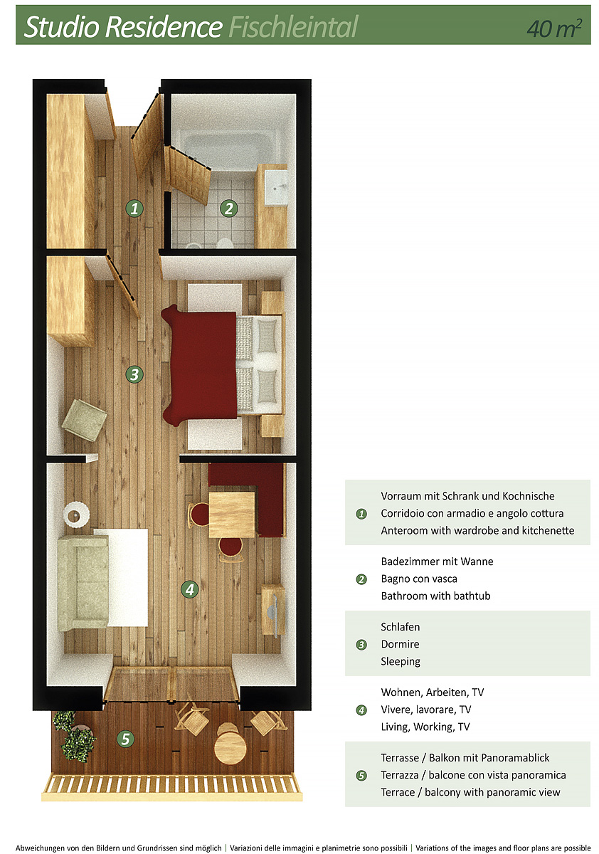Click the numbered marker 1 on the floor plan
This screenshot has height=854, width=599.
coord(134,209)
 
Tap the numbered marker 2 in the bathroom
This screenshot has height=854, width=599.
coord(229,209)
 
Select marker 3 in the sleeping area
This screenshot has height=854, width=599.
coord(134,374)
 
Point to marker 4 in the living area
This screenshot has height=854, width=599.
coord(190,589)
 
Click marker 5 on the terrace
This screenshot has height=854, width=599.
coord(125,739)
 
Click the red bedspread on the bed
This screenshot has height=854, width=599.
coord(200,365)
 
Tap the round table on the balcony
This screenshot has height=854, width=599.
coord(230,747)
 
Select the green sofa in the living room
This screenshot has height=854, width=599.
coord(83,583)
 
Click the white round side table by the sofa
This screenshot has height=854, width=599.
coord(76,515)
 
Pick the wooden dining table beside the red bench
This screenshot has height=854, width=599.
coord(232,515)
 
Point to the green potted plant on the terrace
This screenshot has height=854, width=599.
coord(74,735)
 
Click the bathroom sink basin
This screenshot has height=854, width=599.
coord(277,187)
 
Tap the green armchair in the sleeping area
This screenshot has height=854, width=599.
coord(84,420)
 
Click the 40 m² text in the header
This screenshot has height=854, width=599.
coord(554,28)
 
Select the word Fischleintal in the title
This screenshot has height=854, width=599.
coord(293,27)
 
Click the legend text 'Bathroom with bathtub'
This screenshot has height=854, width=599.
coord(435,596)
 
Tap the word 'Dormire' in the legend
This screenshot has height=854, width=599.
coord(400,644)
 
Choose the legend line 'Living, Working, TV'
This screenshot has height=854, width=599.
coord(425,727)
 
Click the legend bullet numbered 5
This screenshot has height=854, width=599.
coord(361,776)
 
